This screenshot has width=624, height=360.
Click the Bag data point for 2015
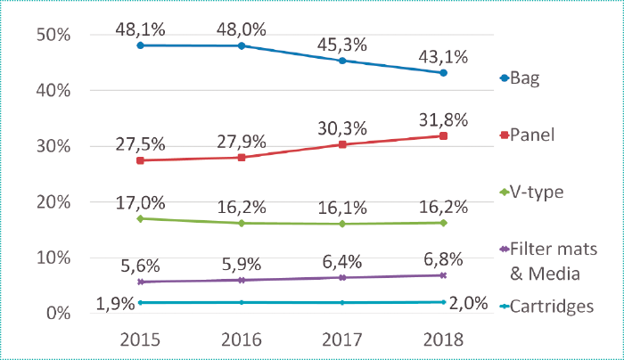point(141,45)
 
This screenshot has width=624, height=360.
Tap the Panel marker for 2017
point(343,143)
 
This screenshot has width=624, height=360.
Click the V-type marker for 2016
point(242,223)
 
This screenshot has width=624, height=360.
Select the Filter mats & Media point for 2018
point(443,275)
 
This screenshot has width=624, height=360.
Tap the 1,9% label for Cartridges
point(115,303)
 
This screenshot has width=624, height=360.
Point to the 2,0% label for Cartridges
point(469,303)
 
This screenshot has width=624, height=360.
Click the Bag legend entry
point(525,78)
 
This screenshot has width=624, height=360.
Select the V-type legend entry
point(536,191)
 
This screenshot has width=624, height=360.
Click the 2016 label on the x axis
point(242,338)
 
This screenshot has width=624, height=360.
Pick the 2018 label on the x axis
point(443,338)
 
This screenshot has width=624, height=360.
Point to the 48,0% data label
point(242,29)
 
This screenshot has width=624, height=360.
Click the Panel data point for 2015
point(141,160)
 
